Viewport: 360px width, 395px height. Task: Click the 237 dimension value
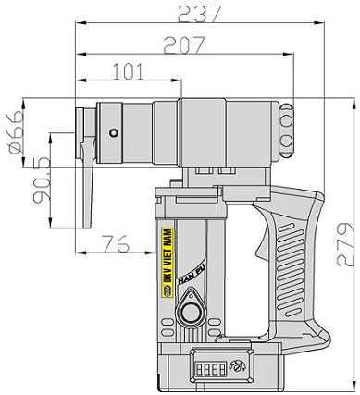point(200,14)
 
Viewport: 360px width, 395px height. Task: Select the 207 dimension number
point(184,45)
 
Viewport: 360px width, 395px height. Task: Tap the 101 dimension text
point(129,71)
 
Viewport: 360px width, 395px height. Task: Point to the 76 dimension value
point(116,243)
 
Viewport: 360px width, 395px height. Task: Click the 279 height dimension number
point(345,244)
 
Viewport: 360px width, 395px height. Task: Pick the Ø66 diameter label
point(17,132)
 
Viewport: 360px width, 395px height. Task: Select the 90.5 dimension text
point(42,179)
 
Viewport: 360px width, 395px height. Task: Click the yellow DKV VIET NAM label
point(168,263)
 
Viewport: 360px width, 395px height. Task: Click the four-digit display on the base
point(212,368)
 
